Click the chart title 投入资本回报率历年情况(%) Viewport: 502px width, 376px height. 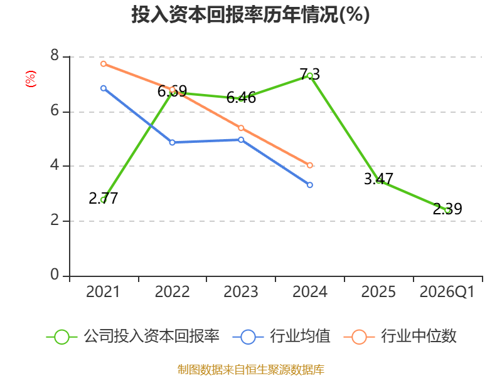[x=250, y=14]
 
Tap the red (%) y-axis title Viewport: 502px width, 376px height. [x=31, y=79]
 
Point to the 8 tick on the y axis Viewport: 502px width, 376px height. [x=55, y=56]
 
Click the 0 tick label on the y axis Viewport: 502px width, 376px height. [x=55, y=274]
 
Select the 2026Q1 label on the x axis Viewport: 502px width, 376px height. [x=447, y=292]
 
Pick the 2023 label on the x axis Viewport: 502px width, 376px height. [x=241, y=292]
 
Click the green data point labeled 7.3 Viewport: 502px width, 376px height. [x=310, y=76]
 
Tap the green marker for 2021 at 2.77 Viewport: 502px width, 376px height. [x=104, y=200]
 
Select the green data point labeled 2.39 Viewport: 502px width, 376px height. [x=447, y=211]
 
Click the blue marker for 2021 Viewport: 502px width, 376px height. [x=104, y=88]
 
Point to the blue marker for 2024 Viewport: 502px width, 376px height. [x=310, y=185]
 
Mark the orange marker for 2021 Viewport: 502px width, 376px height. [x=104, y=64]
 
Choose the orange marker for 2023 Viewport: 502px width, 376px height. [x=241, y=128]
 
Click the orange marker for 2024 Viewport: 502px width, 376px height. [x=310, y=165]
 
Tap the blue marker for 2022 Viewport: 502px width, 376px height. [x=172, y=142]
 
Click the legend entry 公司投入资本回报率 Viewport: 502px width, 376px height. [x=133, y=337]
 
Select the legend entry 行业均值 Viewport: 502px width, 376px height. [x=281, y=337]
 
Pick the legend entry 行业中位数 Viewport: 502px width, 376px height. [x=400, y=337]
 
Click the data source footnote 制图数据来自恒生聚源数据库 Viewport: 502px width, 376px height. [x=251, y=370]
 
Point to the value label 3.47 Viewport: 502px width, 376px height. [x=378, y=179]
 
